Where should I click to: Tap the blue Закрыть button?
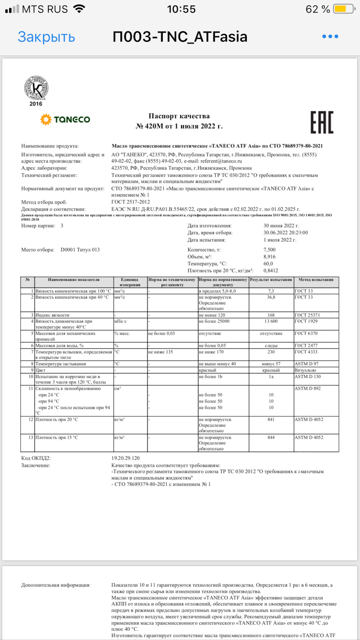(46, 37)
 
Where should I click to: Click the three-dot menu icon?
(330, 36)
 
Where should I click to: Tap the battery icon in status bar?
(343, 9)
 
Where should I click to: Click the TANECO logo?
(65, 120)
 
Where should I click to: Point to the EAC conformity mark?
(322, 122)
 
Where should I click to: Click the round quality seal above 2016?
(36, 88)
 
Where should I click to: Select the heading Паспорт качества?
(179, 116)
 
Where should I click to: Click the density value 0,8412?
(271, 270)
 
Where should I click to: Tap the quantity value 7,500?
(269, 250)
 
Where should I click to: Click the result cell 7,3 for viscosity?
(271, 291)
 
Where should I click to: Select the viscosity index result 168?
(271, 315)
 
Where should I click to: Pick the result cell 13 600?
(271, 321)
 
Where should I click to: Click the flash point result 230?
(271, 352)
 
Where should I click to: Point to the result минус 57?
(271, 364)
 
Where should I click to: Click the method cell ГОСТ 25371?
(307, 315)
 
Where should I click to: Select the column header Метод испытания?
(316, 280)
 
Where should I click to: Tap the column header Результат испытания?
(271, 280)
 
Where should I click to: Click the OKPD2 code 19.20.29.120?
(125, 458)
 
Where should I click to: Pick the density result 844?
(271, 438)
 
